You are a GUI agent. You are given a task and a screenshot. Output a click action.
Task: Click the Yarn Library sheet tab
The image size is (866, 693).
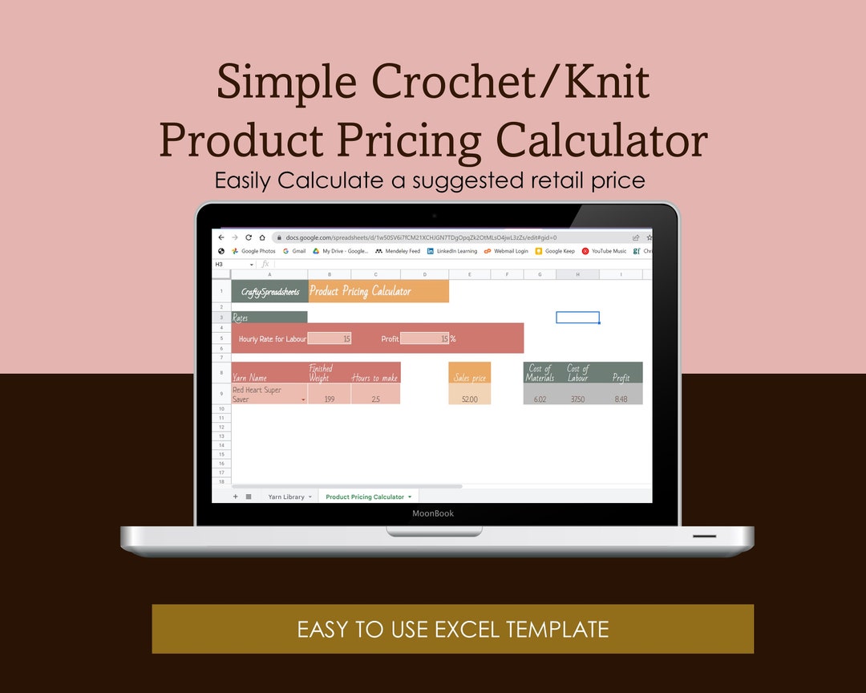pos(286,497)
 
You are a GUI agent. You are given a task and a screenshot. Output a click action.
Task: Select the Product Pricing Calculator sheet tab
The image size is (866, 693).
pos(365,497)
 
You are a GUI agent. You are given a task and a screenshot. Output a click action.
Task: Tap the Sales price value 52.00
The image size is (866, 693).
pos(470,399)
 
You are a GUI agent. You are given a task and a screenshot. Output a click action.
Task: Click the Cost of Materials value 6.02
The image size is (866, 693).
pos(540,399)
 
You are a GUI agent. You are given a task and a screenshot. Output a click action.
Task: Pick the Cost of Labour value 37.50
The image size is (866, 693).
pos(577,399)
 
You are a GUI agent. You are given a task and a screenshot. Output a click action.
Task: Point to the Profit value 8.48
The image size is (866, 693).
pos(621,399)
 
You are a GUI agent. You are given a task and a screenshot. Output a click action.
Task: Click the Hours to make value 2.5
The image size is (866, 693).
pos(375,399)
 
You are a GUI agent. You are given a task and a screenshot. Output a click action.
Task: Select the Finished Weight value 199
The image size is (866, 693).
pos(329,399)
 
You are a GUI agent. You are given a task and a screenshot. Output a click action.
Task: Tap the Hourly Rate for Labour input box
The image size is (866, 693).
pos(329,338)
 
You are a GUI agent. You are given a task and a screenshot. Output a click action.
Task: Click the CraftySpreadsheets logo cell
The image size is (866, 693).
pos(269,292)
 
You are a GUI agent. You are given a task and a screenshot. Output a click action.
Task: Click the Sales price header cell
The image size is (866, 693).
pos(470,377)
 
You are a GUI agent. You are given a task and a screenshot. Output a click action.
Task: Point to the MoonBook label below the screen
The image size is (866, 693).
pos(433,513)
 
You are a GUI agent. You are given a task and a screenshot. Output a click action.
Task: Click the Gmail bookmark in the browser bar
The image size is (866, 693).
pos(294,251)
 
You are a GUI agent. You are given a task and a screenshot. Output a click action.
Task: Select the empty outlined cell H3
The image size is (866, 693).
pos(577,318)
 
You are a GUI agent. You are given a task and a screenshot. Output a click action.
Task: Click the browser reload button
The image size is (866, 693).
pos(249,237)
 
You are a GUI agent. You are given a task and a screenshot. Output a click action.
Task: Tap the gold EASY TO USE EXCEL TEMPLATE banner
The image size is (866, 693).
pos(453,629)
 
